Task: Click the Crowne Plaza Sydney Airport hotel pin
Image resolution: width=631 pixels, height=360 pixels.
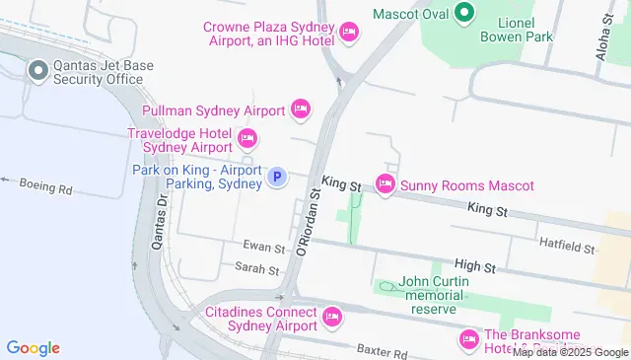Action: [348, 34]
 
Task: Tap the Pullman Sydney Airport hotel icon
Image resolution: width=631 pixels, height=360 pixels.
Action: [301, 108]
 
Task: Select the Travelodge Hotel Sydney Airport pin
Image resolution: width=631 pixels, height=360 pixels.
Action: [246, 138]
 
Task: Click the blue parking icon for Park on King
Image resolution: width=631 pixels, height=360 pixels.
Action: [278, 178]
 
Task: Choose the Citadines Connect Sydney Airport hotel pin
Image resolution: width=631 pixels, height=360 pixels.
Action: [332, 317]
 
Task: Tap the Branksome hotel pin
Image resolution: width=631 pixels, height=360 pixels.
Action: [468, 340]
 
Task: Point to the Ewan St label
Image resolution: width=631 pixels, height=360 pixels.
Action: [265, 248]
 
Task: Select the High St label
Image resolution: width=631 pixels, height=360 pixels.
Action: [474, 266]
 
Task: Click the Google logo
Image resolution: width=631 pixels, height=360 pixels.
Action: [33, 347]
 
